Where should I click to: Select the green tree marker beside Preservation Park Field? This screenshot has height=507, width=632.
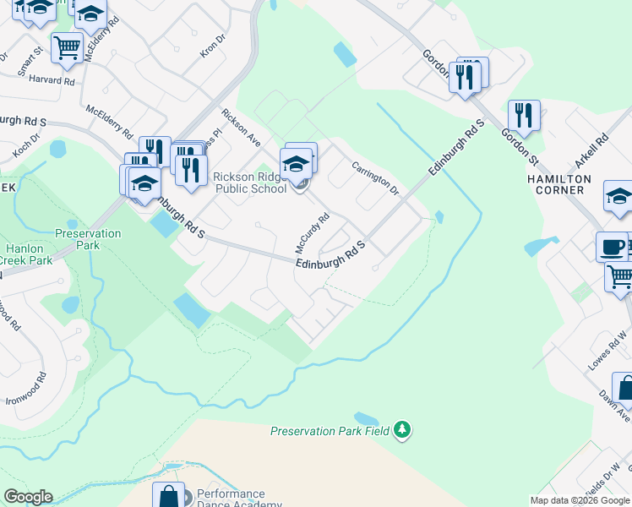[x=403, y=430]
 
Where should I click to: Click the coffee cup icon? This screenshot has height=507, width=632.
[x=612, y=248]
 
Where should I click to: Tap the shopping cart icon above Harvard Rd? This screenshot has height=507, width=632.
[x=67, y=46]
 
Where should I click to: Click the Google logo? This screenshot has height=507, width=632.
[x=28, y=497]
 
